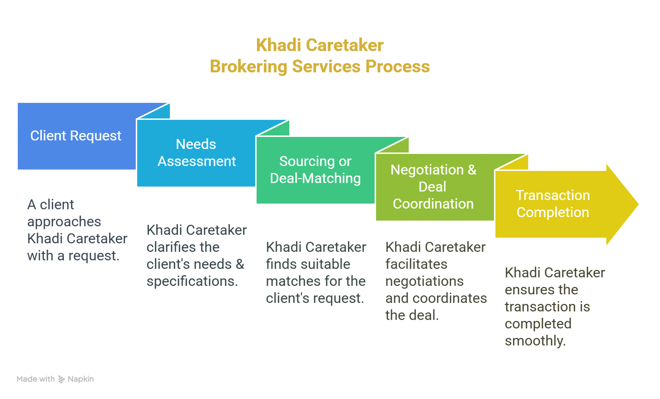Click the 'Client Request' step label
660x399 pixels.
(76, 136)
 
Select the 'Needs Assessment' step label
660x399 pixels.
(196, 153)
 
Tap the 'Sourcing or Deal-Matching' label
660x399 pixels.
(315, 170)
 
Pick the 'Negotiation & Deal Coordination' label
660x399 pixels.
(433, 187)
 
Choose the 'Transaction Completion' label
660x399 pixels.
(553, 204)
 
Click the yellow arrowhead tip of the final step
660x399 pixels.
(638, 204)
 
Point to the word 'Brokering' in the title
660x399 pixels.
(249, 67)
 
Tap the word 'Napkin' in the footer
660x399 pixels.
(81, 379)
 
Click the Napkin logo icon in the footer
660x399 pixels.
(62, 379)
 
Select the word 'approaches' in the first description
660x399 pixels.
(64, 222)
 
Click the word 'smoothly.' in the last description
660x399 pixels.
(535, 341)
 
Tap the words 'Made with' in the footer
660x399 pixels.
(36, 379)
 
